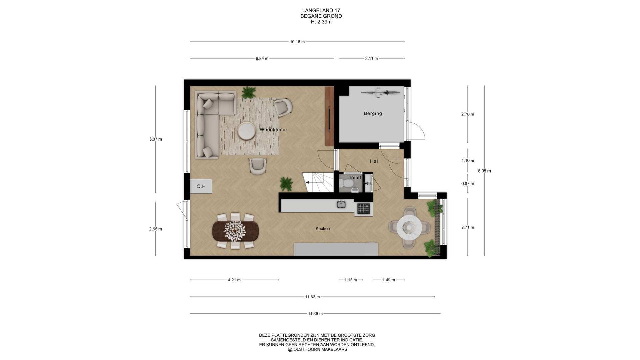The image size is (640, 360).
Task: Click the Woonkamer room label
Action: pyautogui.click(x=273, y=130)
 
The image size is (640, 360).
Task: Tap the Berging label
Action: pyautogui.click(x=373, y=114)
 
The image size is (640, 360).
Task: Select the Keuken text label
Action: pyautogui.click(x=323, y=229)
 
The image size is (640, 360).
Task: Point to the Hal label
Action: pyautogui.click(x=374, y=161)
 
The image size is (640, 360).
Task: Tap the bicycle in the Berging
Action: pyautogui.click(x=380, y=92)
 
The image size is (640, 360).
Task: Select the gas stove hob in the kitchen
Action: pyautogui.click(x=364, y=209)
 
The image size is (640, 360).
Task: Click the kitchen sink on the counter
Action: pyautogui.click(x=341, y=204)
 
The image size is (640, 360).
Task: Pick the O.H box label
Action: pyautogui.click(x=201, y=186)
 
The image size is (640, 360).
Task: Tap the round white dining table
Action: pyautogui.click(x=410, y=227)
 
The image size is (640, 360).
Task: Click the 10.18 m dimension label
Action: pyautogui.click(x=297, y=42)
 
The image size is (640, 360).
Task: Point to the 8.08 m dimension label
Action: pyautogui.click(x=484, y=171)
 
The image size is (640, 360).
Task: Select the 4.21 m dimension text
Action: pyautogui.click(x=234, y=280)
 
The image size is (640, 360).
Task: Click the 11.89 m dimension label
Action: pyautogui.click(x=315, y=314)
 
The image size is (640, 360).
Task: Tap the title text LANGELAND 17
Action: pyautogui.click(x=321, y=10)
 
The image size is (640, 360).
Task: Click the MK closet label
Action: pyautogui.click(x=368, y=183)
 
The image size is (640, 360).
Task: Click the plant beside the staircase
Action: pyautogui.click(x=286, y=184)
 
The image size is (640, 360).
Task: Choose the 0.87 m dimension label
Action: pyautogui.click(x=468, y=184)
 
